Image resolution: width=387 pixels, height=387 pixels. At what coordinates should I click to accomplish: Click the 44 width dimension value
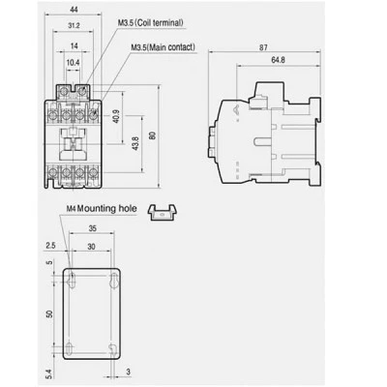(x=74, y=10)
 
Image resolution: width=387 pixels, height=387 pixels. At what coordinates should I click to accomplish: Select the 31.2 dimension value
(x=74, y=26)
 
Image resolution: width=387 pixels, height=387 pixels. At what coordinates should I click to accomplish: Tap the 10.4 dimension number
(x=73, y=62)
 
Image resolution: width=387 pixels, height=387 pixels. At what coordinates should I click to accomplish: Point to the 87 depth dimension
(x=263, y=47)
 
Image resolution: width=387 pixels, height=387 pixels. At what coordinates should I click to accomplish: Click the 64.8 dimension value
(x=278, y=60)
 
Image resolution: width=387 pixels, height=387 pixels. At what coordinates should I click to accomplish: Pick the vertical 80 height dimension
(x=153, y=135)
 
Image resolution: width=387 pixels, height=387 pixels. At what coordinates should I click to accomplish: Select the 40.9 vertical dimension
(x=116, y=116)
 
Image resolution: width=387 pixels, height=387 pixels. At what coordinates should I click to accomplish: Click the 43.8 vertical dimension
(x=135, y=143)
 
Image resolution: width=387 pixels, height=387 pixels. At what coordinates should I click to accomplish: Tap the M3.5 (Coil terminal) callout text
(x=150, y=23)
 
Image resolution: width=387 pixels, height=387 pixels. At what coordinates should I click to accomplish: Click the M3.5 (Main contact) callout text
(x=163, y=47)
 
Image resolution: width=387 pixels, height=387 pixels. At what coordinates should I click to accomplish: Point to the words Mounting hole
(x=107, y=209)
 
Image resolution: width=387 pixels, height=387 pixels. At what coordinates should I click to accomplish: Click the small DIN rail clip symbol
(x=164, y=213)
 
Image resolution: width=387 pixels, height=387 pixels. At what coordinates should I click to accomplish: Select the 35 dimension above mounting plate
(x=92, y=228)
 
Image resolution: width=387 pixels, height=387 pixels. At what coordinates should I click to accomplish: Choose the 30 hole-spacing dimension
(x=91, y=247)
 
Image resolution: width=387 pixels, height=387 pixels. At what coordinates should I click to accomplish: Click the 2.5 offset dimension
(x=50, y=246)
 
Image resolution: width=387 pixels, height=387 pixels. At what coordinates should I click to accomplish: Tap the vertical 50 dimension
(x=49, y=313)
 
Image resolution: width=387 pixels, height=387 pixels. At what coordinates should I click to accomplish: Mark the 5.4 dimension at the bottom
(x=48, y=374)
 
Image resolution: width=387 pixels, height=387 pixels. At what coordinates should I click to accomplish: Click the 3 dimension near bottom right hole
(x=129, y=372)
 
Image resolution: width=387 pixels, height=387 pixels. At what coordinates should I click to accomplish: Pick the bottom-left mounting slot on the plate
(x=69, y=349)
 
